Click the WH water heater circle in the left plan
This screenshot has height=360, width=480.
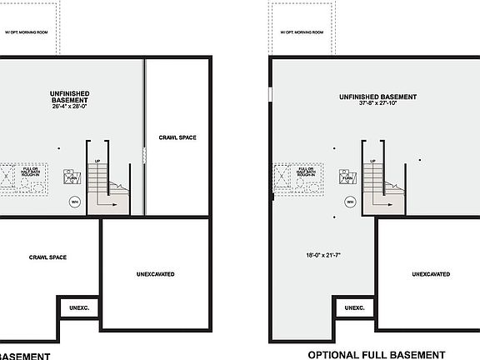pyautogui.click(x=74, y=202)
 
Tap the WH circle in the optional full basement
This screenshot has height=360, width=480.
pyautogui.click(x=350, y=202)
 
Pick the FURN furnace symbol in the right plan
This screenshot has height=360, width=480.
pyautogui.click(x=345, y=177)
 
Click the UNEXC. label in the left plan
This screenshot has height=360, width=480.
pyautogui.click(x=79, y=308)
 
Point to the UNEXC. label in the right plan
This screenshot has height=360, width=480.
pyautogui.click(x=355, y=308)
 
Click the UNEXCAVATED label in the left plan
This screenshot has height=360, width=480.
pyautogui.click(x=155, y=274)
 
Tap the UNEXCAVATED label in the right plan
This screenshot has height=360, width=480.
pyautogui.click(x=431, y=274)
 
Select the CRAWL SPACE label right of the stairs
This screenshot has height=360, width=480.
pyautogui.click(x=177, y=137)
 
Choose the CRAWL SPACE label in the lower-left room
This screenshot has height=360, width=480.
pyautogui.click(x=47, y=257)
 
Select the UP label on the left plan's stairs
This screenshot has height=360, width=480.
pyautogui.click(x=98, y=161)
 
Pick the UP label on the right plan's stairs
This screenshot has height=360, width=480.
pyautogui.click(x=374, y=161)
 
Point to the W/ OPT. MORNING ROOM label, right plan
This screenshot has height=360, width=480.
pyautogui.click(x=302, y=33)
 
